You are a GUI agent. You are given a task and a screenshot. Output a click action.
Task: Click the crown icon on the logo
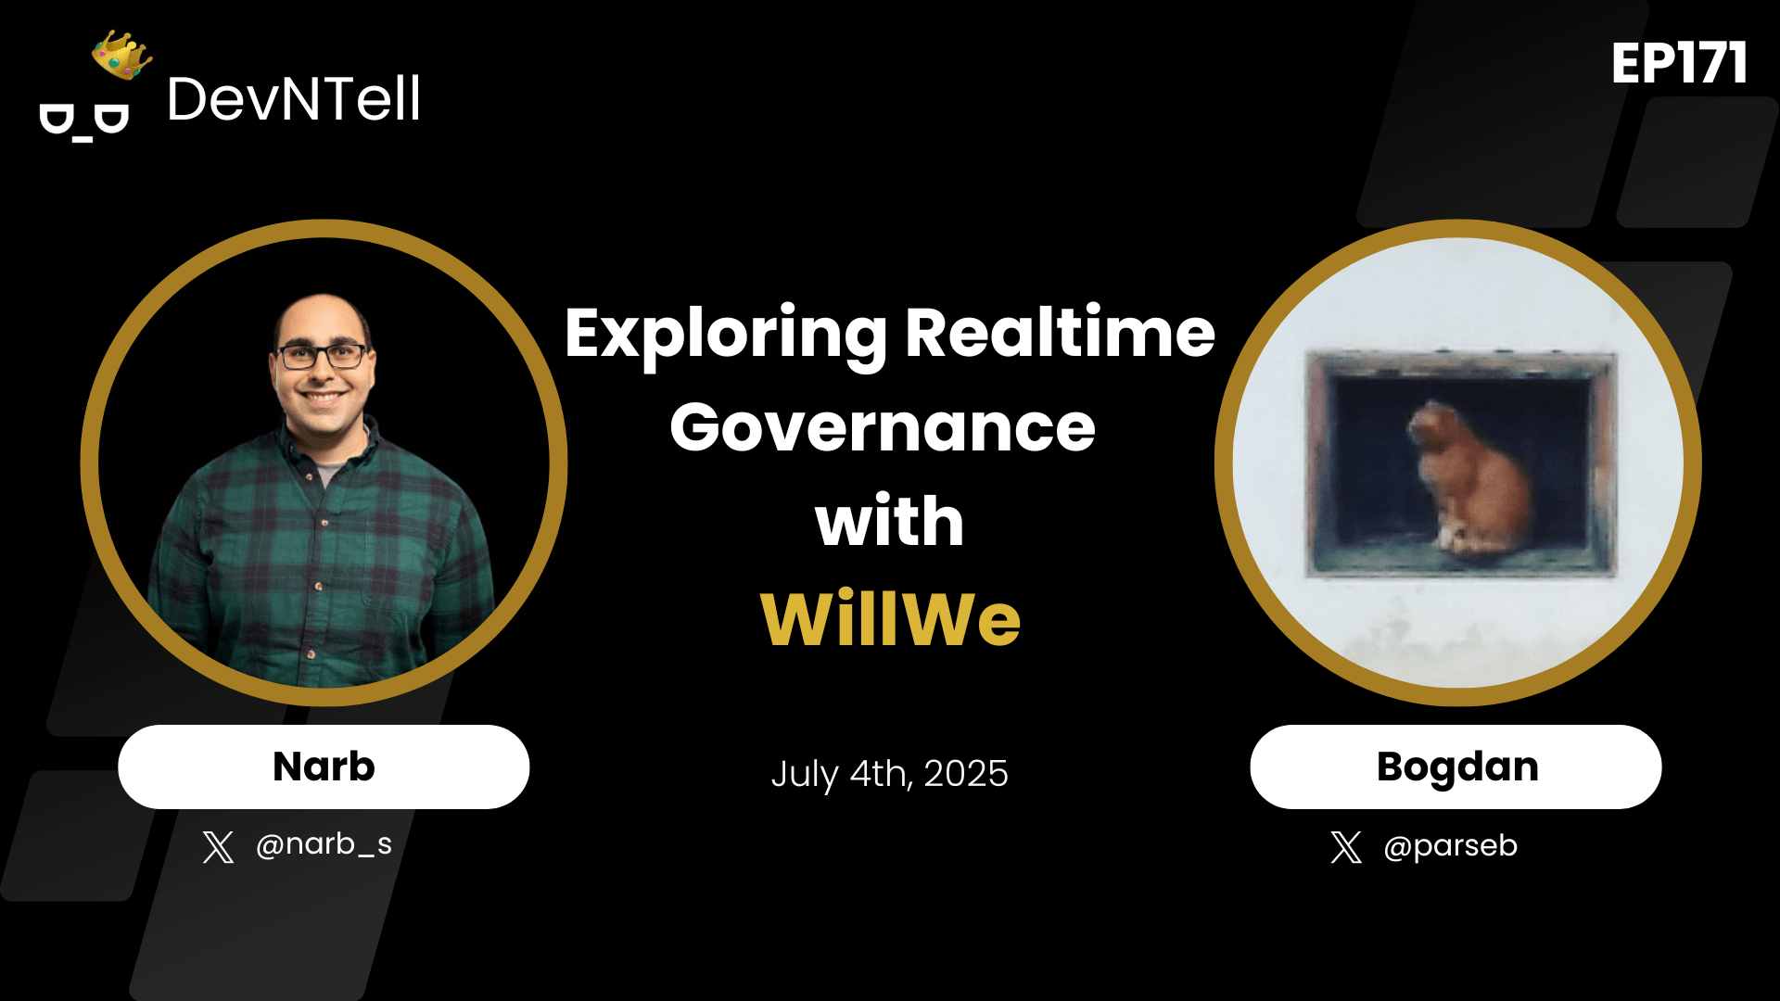122,55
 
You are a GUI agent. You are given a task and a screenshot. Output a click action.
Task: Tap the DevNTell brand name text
293,99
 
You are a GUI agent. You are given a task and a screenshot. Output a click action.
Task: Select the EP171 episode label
1679,64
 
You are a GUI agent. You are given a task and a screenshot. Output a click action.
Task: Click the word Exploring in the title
726,334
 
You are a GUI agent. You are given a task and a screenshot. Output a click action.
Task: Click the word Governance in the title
883,427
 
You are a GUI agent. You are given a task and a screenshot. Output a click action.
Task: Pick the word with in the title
889,522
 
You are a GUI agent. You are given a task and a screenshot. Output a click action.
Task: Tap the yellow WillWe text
890,618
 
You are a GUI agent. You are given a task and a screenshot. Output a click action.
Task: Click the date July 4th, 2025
889,773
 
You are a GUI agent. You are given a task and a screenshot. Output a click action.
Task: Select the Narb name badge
324,767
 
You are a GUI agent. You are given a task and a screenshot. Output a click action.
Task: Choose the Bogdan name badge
1456,767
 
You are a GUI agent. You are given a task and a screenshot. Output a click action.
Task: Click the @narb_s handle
324,844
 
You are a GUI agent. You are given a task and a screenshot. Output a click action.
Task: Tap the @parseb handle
1450,845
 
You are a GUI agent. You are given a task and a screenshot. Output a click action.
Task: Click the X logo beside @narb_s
219,846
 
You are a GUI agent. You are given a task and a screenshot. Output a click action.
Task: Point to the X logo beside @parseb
1346,846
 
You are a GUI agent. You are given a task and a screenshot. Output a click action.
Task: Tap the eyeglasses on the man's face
321,356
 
